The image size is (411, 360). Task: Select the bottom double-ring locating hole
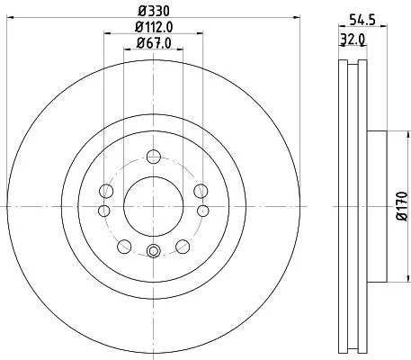153,253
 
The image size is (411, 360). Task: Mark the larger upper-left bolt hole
106,191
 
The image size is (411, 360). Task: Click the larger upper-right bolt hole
200,191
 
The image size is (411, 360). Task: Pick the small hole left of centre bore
103,211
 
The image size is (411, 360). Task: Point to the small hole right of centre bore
202,211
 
